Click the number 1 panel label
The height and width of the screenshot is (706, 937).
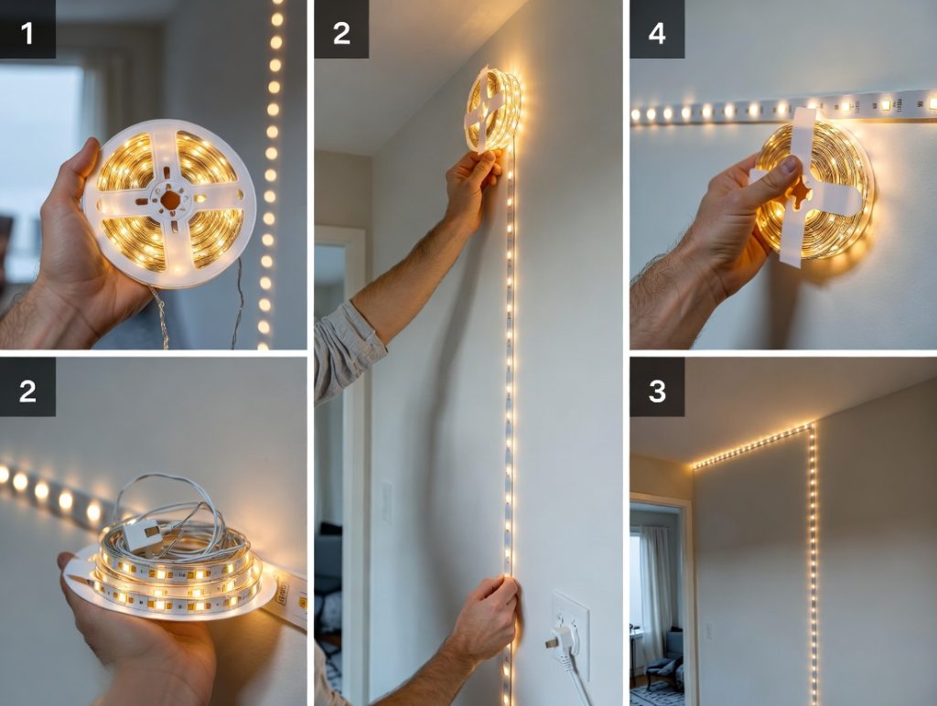(27, 33)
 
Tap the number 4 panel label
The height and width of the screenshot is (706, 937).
(657, 33)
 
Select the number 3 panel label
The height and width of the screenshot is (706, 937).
(657, 391)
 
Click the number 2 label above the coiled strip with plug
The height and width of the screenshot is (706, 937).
(27, 391)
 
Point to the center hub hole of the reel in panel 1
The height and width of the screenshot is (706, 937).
(170, 199)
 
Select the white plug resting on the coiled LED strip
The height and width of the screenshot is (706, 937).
(142, 534)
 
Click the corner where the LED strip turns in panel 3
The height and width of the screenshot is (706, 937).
(811, 426)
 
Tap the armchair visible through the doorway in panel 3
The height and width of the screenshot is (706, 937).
(666, 657)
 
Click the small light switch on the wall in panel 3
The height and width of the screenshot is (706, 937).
(709, 631)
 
